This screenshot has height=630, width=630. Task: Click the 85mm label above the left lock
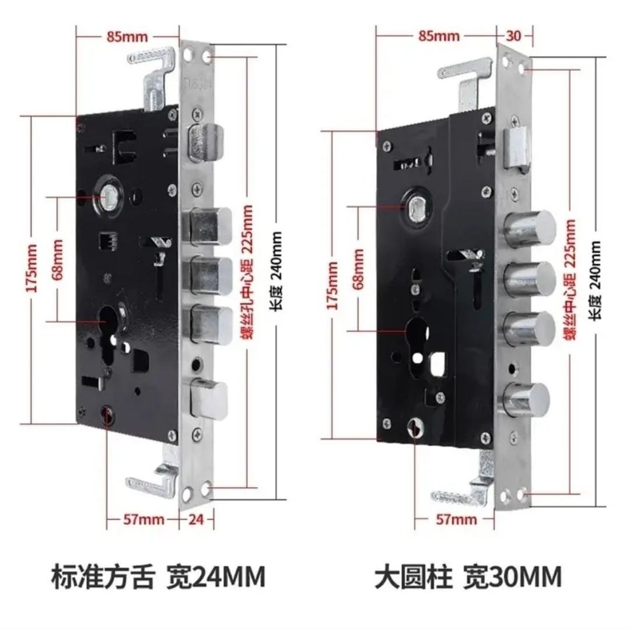point(127,36)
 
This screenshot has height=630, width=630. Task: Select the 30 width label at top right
point(513,36)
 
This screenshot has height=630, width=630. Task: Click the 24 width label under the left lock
point(197,519)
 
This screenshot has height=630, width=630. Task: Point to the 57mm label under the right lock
point(456,519)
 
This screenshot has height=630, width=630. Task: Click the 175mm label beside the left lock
point(33,268)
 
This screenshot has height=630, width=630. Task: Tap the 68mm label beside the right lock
point(358,269)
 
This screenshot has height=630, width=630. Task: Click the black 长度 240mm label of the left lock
point(276,271)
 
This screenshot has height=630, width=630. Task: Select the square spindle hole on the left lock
point(108,197)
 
